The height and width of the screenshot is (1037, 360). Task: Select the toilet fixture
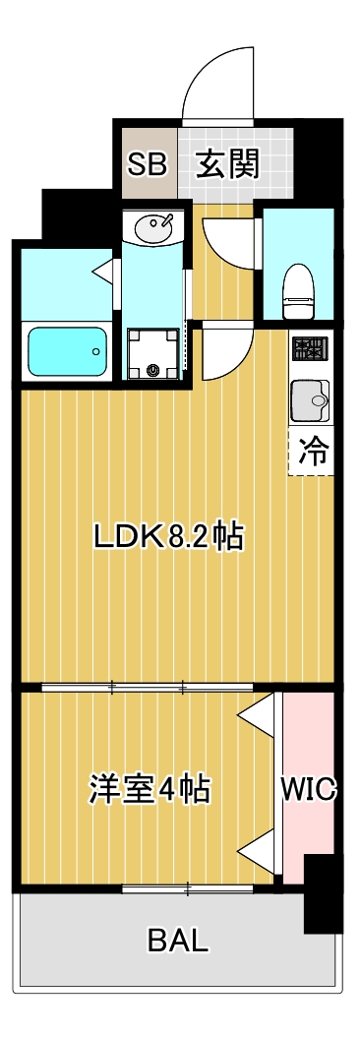[297, 289]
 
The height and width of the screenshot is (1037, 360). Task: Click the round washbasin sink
[154, 228]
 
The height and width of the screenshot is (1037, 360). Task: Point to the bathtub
[67, 351]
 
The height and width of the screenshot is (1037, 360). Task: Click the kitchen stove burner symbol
[312, 347]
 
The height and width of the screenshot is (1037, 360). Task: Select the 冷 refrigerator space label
[312, 452]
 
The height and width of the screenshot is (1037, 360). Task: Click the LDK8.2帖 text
[168, 537]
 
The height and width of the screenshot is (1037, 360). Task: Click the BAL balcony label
[179, 942]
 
